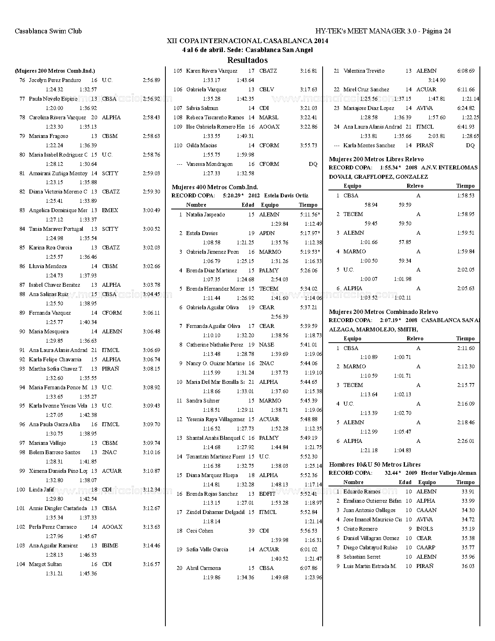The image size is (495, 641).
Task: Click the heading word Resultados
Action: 247,60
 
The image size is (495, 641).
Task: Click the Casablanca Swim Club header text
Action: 48,31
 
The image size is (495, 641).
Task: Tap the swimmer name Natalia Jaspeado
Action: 205,214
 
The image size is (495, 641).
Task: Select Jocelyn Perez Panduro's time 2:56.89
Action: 151,80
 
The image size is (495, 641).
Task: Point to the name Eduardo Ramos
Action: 361,491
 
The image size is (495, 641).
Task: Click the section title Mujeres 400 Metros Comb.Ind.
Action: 215,187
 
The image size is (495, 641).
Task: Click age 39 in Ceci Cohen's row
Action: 251,531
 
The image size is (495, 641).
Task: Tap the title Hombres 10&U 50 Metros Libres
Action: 375,464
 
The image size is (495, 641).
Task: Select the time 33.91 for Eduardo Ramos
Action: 468,491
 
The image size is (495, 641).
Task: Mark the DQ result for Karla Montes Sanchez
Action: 470,145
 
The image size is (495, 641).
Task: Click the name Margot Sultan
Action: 45,564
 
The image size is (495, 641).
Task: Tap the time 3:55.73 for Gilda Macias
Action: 309,145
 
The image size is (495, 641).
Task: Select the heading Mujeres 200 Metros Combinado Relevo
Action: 383,312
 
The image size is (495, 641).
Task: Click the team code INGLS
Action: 424,529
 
